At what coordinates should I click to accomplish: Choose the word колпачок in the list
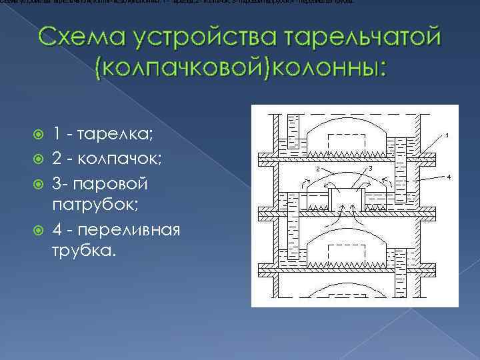(121, 159)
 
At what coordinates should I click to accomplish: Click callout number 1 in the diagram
(447, 136)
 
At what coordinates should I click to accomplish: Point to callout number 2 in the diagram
(317, 169)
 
